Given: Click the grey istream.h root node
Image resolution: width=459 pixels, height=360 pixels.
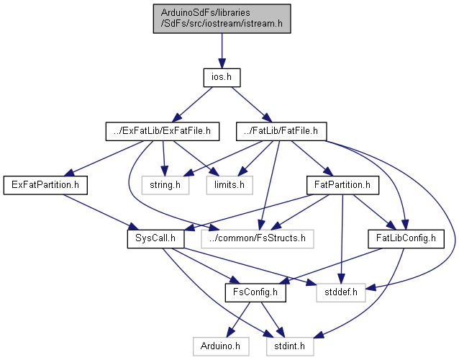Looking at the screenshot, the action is click(222, 19).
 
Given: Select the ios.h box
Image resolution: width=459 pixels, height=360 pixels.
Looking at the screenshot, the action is click(222, 78).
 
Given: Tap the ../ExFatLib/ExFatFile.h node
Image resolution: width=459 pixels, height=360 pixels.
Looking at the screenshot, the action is click(163, 131).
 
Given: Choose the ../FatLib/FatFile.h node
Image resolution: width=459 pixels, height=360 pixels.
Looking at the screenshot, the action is click(281, 131).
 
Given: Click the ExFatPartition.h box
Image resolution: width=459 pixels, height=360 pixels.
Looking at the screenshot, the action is click(45, 185).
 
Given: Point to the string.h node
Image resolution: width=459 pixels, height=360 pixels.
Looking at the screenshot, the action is click(165, 185).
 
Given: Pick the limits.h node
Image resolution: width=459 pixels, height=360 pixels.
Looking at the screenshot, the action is click(229, 185).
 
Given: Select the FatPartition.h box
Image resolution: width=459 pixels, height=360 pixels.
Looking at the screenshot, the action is click(342, 185).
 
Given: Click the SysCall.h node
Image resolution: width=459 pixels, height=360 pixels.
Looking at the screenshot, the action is click(155, 239).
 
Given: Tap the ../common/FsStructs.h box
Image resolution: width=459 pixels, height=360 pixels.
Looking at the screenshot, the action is click(258, 239).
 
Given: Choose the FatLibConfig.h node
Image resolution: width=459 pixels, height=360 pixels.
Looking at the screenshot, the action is click(406, 239).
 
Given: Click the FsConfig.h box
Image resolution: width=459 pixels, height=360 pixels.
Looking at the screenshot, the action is click(255, 292).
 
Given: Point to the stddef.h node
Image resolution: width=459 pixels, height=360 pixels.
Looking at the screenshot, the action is click(341, 292).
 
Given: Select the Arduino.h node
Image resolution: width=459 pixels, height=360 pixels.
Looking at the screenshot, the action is click(221, 346).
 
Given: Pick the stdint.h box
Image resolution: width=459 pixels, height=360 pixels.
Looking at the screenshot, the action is click(290, 346).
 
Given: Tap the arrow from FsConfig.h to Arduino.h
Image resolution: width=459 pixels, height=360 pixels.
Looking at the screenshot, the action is click(239, 320).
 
